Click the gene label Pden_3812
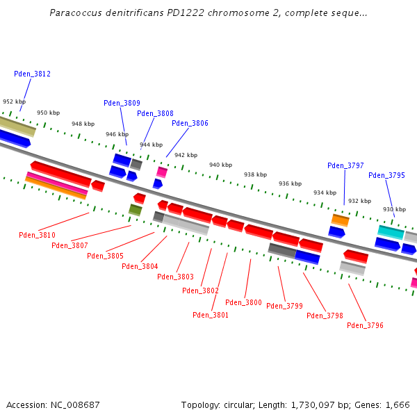pos(32,74)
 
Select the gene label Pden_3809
pos(122,103)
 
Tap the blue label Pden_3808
pos(155,113)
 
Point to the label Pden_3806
pos(190,123)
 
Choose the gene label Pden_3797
pos(345,165)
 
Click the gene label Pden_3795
pos(386,175)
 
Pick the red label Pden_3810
pos(37,235)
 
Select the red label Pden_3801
pos(211,315)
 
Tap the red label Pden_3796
pos(365,325)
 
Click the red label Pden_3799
pos(284,306)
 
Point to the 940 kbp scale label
pos(220,165)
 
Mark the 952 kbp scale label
pos(14,101)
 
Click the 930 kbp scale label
pos(394,209)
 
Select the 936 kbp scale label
pos(290,183)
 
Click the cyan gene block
pos(391,232)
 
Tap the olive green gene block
pos(135,209)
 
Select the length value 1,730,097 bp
pos(309,404)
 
